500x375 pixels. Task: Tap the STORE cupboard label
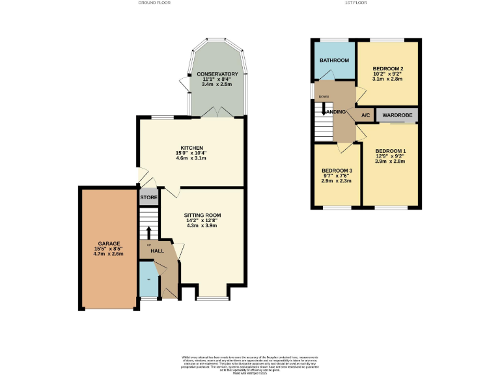point(148,197)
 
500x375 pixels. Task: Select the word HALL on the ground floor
point(157,251)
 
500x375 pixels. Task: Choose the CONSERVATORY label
point(217,74)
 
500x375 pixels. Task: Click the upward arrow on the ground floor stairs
point(148,232)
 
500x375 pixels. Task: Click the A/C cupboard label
point(365,115)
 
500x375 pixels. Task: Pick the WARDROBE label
point(395,115)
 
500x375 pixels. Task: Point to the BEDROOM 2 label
point(388,68)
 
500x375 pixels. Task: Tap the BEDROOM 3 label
point(337,171)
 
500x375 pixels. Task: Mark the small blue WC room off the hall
point(148,279)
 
